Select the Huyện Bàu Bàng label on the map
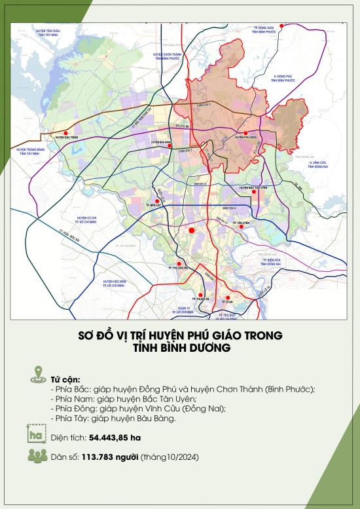(161, 141)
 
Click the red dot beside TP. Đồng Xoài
(281, 26)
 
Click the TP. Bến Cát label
(155, 205)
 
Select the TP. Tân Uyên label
(242, 223)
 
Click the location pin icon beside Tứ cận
(37, 376)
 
